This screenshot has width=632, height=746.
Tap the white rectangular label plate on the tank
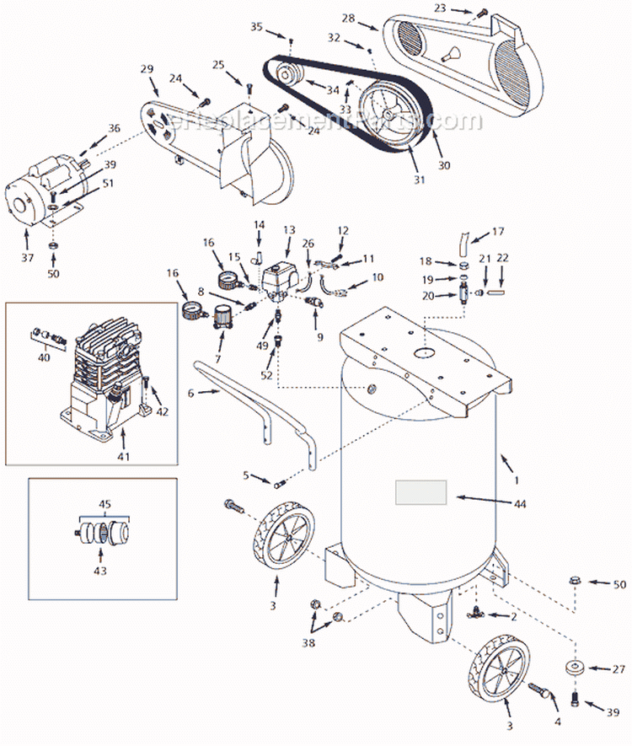422,492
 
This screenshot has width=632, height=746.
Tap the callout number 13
289,229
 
